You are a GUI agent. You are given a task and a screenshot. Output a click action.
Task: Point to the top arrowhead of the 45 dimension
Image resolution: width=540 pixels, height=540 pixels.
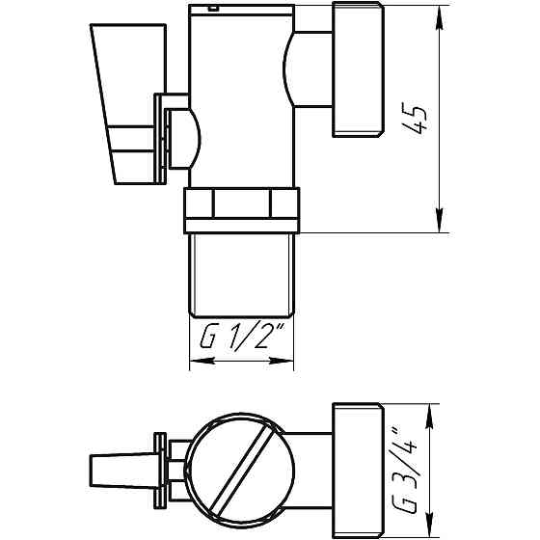[x=442, y=13]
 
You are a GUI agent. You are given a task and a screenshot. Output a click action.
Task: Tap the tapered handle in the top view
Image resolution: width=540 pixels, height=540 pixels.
[x=117, y=471]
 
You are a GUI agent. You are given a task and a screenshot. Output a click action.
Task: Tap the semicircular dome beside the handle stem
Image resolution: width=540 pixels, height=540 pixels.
[x=189, y=135]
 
